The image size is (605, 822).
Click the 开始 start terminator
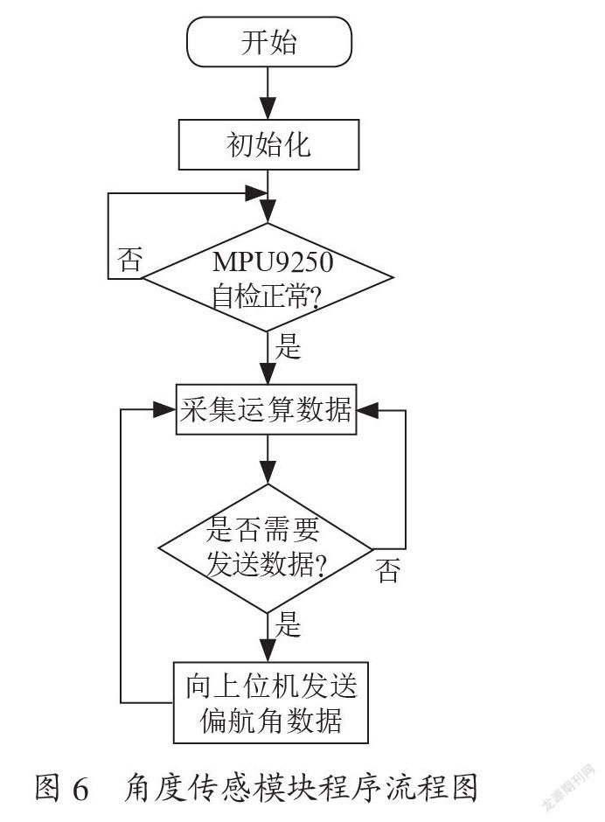pyautogui.click(x=269, y=42)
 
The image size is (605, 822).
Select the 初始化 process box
pyautogui.click(x=269, y=144)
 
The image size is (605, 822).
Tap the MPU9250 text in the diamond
pyautogui.click(x=273, y=261)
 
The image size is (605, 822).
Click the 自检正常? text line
pyautogui.click(x=266, y=297)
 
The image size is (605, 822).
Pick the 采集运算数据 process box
pyautogui.click(x=266, y=409)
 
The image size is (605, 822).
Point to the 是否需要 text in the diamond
pyautogui.click(x=262, y=528)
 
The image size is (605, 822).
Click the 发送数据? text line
pyautogui.click(x=267, y=564)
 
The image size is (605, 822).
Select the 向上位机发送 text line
pyautogui.click(x=271, y=686)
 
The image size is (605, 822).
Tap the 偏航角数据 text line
pyautogui.click(x=271, y=721)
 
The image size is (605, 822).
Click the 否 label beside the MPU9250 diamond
pyautogui.click(x=129, y=259)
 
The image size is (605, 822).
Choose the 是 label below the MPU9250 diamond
pyautogui.click(x=289, y=346)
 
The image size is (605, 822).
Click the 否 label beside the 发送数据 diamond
pyautogui.click(x=388, y=571)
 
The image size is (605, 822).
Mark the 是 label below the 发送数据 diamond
pyautogui.click(x=289, y=623)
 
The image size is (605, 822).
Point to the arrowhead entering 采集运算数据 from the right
pyautogui.click(x=368, y=410)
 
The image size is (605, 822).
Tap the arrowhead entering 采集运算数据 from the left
pyautogui.click(x=163, y=410)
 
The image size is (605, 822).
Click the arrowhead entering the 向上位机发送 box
pyautogui.click(x=268, y=651)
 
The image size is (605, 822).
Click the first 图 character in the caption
pyautogui.click(x=47, y=787)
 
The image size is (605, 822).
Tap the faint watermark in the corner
pyautogui.click(x=569, y=786)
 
